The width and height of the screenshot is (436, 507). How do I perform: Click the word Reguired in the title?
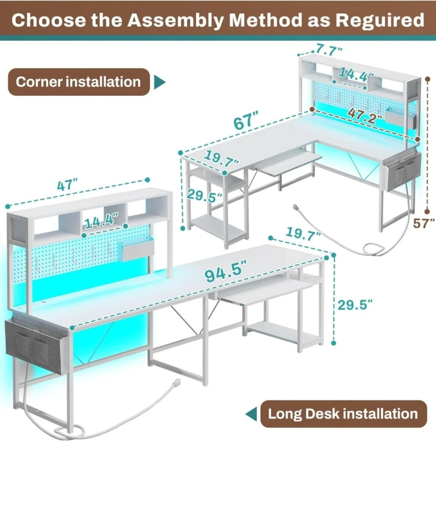point(379,21)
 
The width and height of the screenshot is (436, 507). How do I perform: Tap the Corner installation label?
point(79,82)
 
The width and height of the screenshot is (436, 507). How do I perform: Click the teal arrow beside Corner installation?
point(160,82)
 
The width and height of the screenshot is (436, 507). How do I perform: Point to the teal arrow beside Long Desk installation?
point(251,414)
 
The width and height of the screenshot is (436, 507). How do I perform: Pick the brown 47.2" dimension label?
point(365,116)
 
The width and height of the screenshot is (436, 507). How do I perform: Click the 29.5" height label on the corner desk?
point(204,196)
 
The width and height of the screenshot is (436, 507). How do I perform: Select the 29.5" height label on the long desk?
point(355,305)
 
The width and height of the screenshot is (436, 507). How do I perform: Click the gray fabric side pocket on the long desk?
point(36,346)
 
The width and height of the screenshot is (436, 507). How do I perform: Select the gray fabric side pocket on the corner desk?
point(401,172)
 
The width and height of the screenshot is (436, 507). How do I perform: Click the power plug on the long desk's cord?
point(176,382)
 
